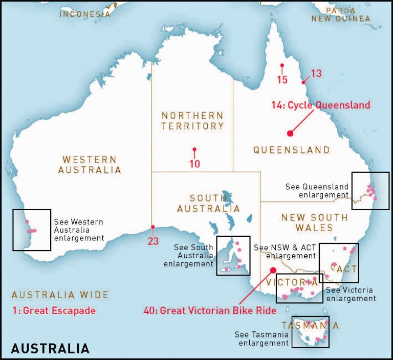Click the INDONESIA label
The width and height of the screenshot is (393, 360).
tap(84, 14)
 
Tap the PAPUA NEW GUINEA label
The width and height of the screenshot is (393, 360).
tap(341, 14)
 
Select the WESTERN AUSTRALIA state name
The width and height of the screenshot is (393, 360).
tap(90, 165)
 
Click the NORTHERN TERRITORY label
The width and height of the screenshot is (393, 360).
tap(192, 121)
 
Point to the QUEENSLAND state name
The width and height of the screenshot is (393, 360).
tap(292, 150)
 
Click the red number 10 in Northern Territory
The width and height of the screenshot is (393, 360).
tap(194, 164)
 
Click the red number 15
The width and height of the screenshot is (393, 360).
tap(282, 79)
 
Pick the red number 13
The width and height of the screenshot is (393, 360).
tap(316, 74)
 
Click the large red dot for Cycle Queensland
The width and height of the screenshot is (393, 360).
tap(290, 133)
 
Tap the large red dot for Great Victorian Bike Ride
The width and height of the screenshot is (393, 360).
tap(273, 270)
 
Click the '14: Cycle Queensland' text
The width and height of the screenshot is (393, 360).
tap(321, 105)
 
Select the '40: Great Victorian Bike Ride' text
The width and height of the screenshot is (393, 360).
tap(210, 310)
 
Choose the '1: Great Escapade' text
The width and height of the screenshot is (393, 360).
tap(54, 310)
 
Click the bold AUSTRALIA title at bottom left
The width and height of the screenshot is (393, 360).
tap(50, 349)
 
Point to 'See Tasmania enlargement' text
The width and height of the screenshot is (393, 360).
tap(262, 339)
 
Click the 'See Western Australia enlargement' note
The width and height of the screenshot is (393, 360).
tap(79, 230)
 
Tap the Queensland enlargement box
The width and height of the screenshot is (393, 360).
tap(370, 190)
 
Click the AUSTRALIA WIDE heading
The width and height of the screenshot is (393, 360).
tap(60, 295)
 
